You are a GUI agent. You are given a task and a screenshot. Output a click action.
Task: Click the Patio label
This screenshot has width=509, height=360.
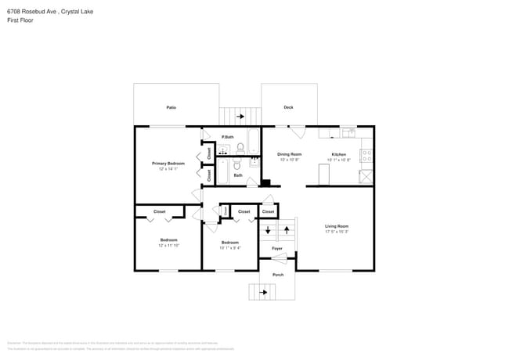coord(171,107)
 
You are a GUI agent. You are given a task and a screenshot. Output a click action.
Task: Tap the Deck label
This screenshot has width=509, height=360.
coord(288,107)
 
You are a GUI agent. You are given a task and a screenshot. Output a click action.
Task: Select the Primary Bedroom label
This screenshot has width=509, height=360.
coord(168,163)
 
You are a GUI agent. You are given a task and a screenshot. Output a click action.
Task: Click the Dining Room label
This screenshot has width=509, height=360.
coord(290,154)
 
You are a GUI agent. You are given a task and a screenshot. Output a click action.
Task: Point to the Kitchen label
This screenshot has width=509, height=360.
coord(338,154)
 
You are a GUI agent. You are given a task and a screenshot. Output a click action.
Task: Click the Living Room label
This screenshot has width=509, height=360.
coord(337,226)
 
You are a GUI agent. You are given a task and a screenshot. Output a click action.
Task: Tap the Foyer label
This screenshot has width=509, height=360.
coord(277,248)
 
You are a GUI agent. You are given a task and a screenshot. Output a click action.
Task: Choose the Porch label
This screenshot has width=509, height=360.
coord(278,275)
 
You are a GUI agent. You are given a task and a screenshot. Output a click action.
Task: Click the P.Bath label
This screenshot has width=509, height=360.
coord(228,137)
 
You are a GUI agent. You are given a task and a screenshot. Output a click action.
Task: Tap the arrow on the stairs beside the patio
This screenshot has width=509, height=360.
coord(239,117)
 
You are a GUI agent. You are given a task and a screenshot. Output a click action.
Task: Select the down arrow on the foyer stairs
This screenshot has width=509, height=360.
coord(269,230)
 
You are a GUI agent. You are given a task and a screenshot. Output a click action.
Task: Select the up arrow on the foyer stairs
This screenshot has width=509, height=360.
coord(287,230)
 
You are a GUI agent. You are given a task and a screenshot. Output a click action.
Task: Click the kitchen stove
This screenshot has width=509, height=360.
coord(366,154)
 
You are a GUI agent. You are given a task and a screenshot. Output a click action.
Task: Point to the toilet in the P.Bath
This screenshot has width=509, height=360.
coord(241,146)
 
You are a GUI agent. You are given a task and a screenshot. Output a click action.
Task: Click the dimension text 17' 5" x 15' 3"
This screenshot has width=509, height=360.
coord(337,232)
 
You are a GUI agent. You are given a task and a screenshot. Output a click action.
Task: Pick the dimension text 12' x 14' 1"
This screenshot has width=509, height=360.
coord(168,169)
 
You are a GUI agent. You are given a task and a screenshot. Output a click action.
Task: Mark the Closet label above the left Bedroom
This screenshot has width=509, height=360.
coord(159,211)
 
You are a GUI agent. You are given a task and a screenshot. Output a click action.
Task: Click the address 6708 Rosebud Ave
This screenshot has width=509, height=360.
coord(31,11)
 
